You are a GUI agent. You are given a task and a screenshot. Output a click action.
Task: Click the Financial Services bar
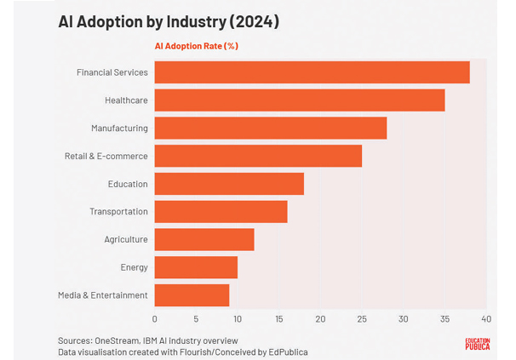click(x=312, y=72)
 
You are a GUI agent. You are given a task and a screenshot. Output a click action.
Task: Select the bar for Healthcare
click(x=299, y=100)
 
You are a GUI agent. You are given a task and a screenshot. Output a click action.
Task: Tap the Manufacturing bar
click(x=270, y=128)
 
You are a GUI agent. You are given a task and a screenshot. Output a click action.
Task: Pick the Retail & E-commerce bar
click(x=258, y=156)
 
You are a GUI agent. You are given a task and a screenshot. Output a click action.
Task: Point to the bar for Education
click(x=229, y=184)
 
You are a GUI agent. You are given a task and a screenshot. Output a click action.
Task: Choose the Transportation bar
click(x=221, y=211)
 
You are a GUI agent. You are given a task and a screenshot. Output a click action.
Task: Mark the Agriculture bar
click(x=204, y=239)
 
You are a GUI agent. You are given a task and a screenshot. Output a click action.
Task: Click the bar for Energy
click(x=196, y=267)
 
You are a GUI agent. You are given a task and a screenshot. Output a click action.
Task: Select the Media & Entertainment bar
click(x=192, y=295)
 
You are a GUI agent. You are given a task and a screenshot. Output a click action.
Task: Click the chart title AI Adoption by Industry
click(x=169, y=21)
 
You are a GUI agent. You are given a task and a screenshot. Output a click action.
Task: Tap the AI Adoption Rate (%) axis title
click(x=196, y=46)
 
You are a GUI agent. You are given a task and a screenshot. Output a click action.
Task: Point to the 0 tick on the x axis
click(x=154, y=320)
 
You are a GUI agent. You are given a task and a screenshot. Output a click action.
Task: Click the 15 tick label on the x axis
click(x=278, y=320)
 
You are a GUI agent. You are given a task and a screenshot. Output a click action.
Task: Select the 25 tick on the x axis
click(x=362, y=320)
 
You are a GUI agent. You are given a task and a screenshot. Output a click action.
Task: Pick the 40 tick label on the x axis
click(x=486, y=320)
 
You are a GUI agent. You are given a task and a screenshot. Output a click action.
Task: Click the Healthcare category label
click(x=126, y=100)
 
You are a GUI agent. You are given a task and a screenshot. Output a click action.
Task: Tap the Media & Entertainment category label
click(x=102, y=295)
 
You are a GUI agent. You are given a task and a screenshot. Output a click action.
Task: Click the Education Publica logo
click(x=477, y=345)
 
